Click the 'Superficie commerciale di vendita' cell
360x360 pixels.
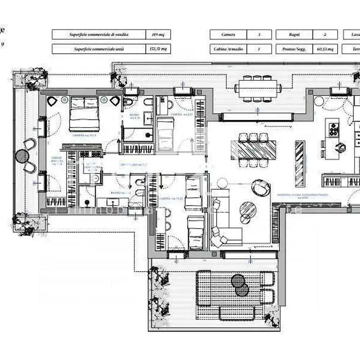point(99,35)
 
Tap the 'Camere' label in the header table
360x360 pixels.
point(228,35)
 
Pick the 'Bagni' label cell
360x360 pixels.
point(294,35)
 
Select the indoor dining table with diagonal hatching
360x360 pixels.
point(253,150)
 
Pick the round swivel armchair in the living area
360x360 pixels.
point(260,187)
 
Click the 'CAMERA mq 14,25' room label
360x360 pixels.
point(169,198)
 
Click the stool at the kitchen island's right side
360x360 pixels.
point(340,147)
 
